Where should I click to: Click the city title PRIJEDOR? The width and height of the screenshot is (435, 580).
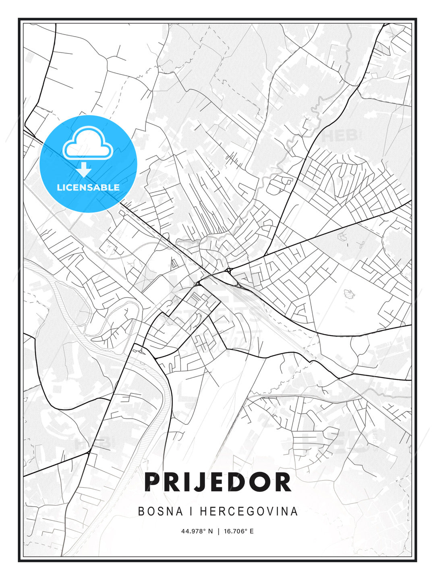click(217, 482)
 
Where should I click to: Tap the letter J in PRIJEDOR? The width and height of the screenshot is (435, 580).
click(197, 482)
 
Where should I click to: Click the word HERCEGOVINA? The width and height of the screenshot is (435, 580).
click(249, 511)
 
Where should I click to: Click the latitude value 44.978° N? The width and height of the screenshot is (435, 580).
click(197, 531)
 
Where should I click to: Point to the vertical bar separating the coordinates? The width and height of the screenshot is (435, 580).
click(218, 531)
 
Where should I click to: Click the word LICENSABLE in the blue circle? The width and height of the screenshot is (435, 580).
click(88, 187)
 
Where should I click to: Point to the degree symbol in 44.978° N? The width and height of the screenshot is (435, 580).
click(205, 530)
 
